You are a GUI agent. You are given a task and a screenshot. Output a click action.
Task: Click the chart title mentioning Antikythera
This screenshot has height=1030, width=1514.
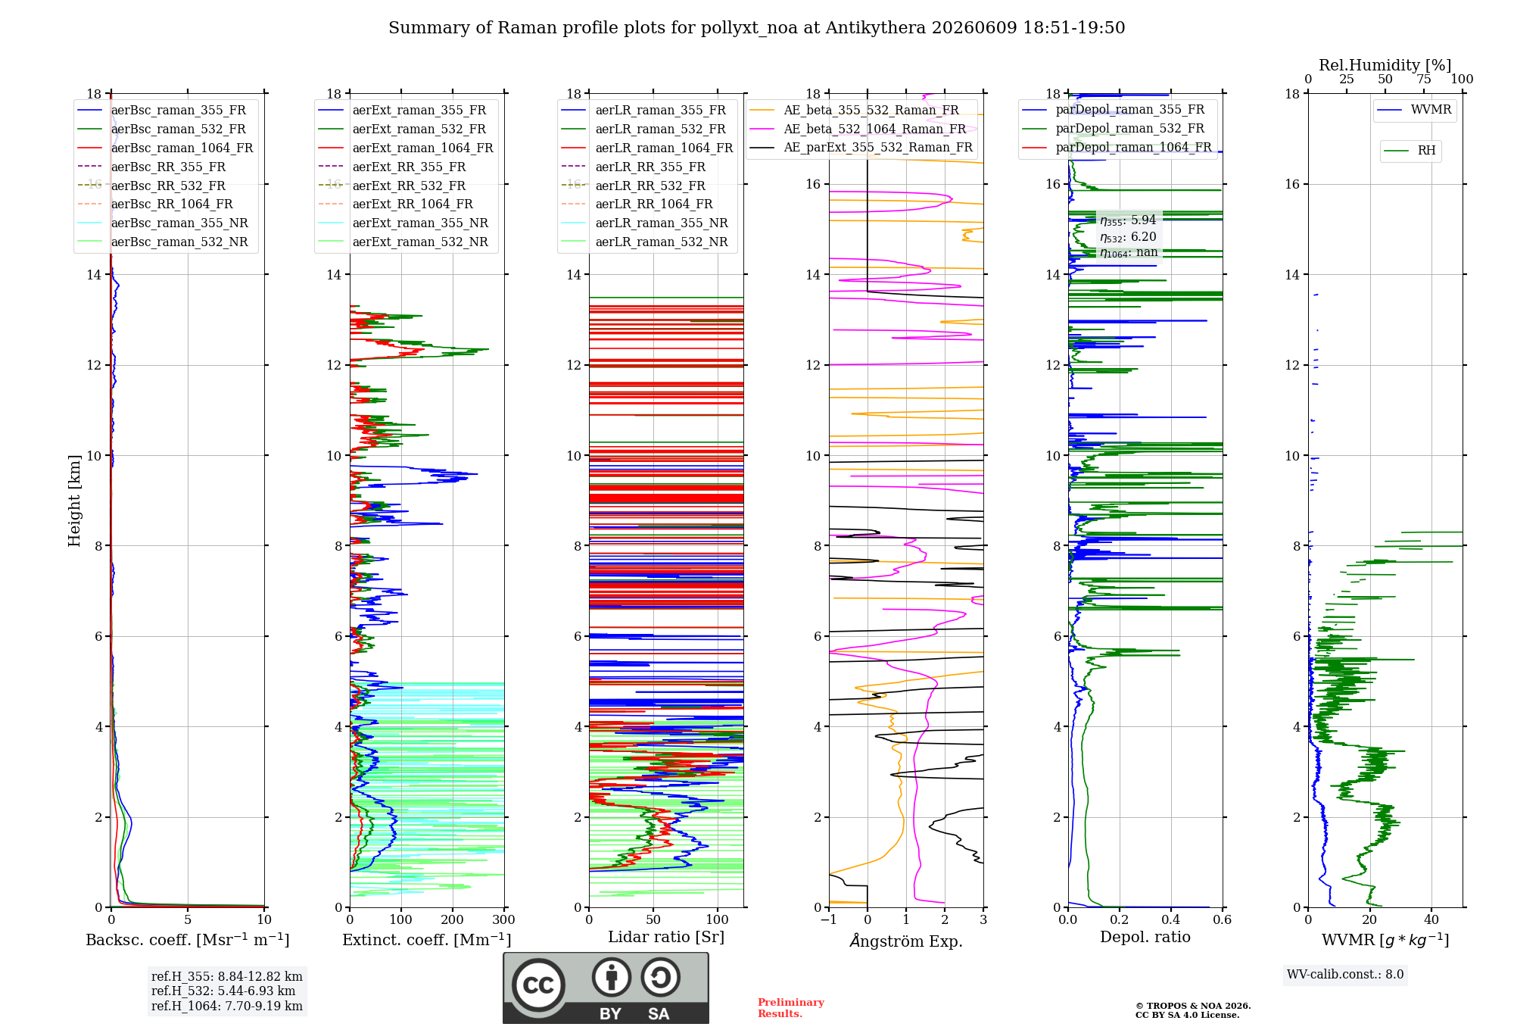(756, 28)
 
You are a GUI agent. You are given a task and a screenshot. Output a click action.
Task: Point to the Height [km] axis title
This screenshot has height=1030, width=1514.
(74, 501)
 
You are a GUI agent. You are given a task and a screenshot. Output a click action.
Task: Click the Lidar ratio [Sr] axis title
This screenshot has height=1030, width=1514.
(666, 937)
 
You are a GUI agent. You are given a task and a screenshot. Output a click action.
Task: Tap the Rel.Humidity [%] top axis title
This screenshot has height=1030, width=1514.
(1385, 65)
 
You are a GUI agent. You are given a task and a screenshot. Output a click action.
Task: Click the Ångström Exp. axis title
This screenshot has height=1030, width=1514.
(906, 941)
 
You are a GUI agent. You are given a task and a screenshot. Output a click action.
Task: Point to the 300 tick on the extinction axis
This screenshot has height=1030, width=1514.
(504, 919)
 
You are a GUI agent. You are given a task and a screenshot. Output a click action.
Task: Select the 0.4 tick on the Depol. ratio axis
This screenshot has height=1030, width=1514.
(1171, 919)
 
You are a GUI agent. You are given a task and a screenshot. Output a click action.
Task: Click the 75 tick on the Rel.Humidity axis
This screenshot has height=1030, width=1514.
(1424, 79)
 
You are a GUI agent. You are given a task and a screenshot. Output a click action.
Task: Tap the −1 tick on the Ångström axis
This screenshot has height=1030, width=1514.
(829, 919)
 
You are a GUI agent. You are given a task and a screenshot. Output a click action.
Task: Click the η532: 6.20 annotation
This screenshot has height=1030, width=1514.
(1128, 236)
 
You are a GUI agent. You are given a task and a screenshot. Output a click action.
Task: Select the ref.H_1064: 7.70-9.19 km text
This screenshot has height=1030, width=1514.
(227, 1006)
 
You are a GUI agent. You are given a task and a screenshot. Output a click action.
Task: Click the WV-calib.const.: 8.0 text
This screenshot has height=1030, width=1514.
(1345, 974)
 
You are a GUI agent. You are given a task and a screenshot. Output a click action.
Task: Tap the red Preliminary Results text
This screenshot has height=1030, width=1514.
(791, 1008)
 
